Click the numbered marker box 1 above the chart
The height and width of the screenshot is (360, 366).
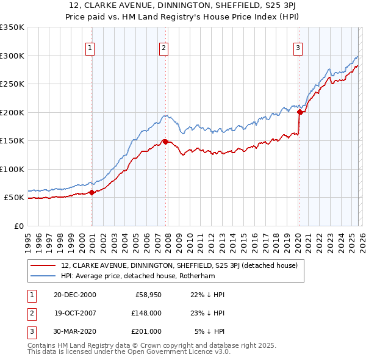click(90, 48)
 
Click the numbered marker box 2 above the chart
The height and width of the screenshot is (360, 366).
click(164, 48)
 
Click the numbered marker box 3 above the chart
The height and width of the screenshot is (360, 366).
click(298, 48)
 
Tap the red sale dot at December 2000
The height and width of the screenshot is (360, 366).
click(91, 192)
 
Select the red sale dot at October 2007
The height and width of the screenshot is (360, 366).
click(165, 142)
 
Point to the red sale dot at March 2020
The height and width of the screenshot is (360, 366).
click(300, 112)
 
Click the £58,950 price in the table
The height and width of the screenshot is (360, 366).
click(148, 294)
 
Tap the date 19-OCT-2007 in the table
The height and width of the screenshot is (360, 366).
click(76, 312)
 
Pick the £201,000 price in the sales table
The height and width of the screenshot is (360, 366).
click(146, 331)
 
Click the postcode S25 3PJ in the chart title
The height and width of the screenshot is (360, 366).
click(272, 7)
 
